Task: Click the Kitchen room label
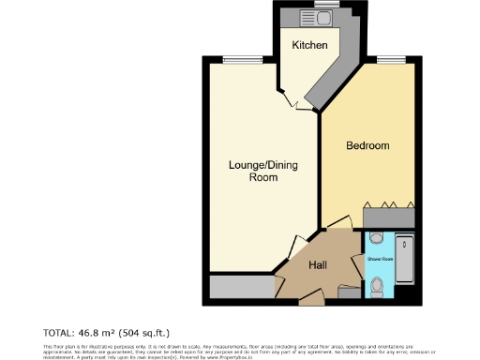pos(308,45)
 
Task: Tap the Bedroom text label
pos(367,146)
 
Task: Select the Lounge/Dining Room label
pos(263,171)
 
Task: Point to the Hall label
pos(318,265)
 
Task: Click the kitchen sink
pos(306,16)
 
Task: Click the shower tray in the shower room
pos(406,256)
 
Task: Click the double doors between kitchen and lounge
pos(292,99)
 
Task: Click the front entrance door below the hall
pos(313,298)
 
